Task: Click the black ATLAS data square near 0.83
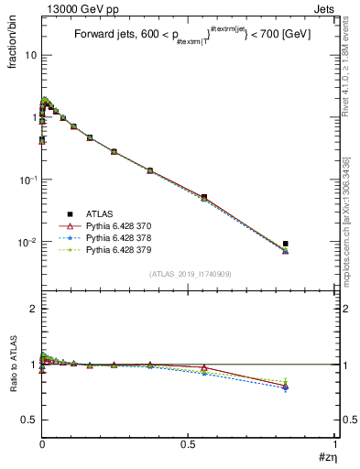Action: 286,244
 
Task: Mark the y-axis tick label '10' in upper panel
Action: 30,55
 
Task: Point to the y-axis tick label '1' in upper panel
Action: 33,117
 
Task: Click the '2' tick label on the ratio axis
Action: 33,309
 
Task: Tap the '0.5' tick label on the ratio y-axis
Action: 29,420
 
